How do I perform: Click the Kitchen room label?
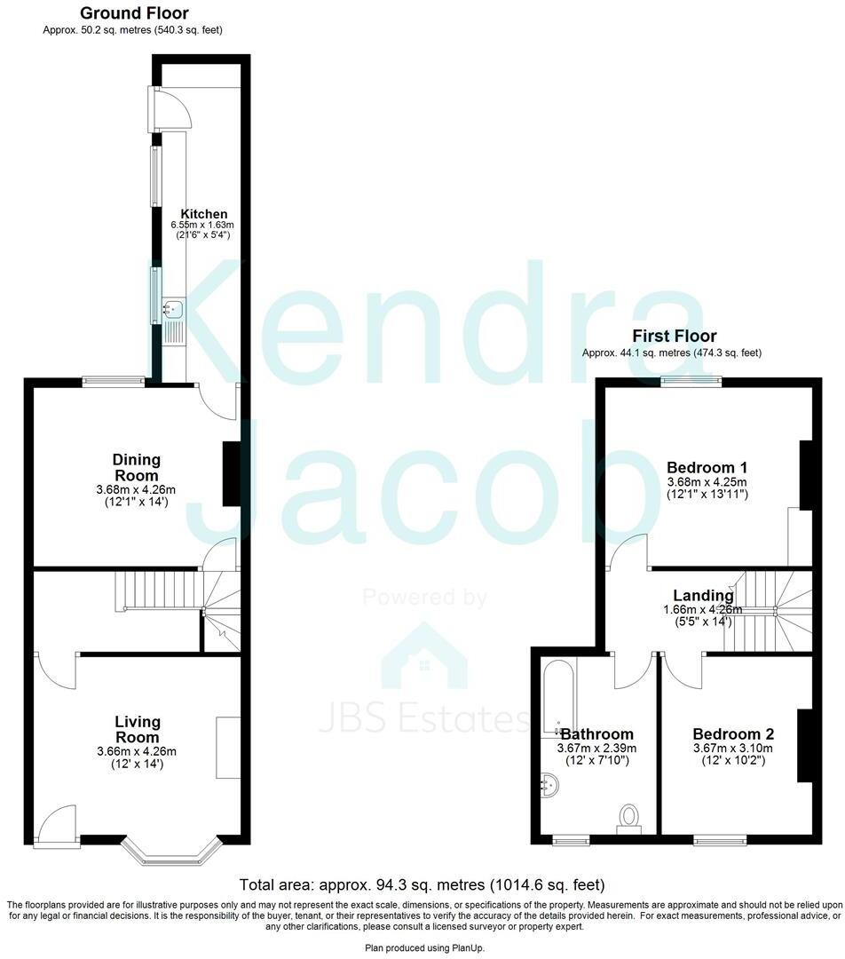coord(204,214)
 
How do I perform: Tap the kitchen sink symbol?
coord(173,310)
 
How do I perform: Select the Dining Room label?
coord(137,467)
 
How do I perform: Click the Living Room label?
coord(138,729)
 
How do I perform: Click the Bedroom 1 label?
coord(707,468)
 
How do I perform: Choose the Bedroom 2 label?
coord(733,734)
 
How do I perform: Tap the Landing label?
coord(703,596)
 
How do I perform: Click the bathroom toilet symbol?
coord(629,817)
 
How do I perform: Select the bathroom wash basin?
coord(550,785)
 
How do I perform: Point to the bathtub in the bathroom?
coord(557,697)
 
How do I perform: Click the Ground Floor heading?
coord(134,13)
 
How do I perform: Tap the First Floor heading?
coord(674,337)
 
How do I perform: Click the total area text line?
coord(422,885)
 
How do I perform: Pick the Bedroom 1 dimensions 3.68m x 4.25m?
coord(707,482)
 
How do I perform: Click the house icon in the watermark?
coord(424,657)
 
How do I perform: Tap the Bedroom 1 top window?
coord(691,382)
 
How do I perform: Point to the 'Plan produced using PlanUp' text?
coord(422,948)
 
